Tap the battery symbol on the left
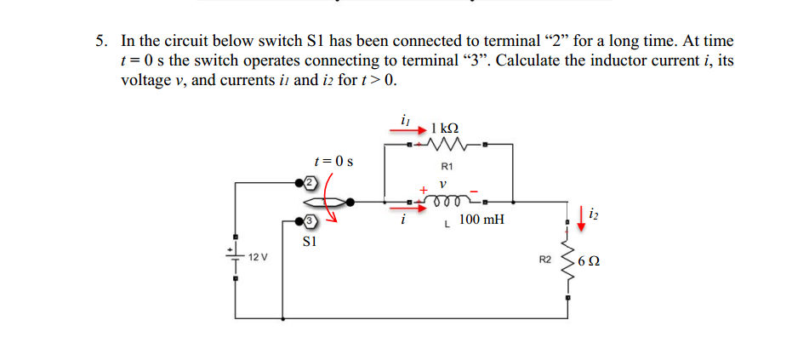tap(234, 253)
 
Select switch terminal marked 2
tap(310, 182)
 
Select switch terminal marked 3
tap(310, 222)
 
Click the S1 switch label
tap(310, 242)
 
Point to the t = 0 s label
tap(333, 160)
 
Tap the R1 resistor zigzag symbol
tap(447, 145)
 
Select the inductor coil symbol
tap(447, 202)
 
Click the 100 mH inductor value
tap(481, 220)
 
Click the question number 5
tap(101, 41)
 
